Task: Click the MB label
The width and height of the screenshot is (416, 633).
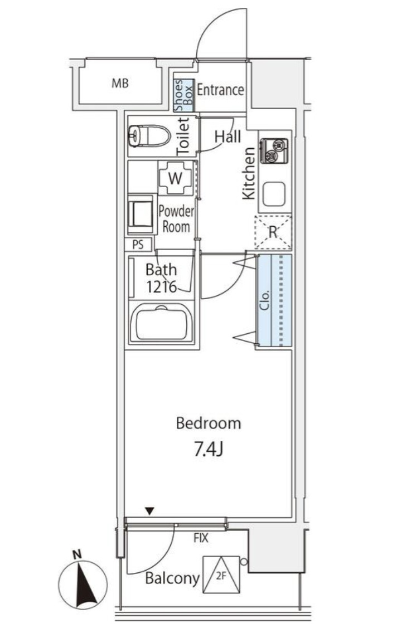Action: pos(120,83)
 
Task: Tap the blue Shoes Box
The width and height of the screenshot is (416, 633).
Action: pos(184,95)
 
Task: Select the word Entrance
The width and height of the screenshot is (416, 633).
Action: pos(220,90)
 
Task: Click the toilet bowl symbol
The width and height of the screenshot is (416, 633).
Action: pos(149,135)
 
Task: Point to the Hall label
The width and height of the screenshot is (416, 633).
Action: pos(228,137)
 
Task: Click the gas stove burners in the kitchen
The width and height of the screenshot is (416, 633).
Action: pos(274,150)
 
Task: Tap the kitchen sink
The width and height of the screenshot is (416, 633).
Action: pos(274,194)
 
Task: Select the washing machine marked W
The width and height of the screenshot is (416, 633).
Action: pos(175,178)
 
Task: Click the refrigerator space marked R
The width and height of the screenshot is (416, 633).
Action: pos(273,232)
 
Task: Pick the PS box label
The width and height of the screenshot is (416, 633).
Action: pos(138,245)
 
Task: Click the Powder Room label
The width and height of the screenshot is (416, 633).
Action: pos(176,219)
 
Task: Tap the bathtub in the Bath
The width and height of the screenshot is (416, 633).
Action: pos(162,322)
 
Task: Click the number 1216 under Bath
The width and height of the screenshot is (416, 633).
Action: pos(161,286)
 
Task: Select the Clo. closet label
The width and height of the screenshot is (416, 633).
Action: pos(265,300)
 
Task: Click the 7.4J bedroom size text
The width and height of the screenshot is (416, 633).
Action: pos(209,449)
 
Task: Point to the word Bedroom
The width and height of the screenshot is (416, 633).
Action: pos(209,423)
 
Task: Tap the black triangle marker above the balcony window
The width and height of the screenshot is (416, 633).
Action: pos(150,511)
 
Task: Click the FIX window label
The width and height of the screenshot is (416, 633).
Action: pos(201,538)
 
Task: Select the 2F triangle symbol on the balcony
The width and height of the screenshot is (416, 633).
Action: pos(221,575)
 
